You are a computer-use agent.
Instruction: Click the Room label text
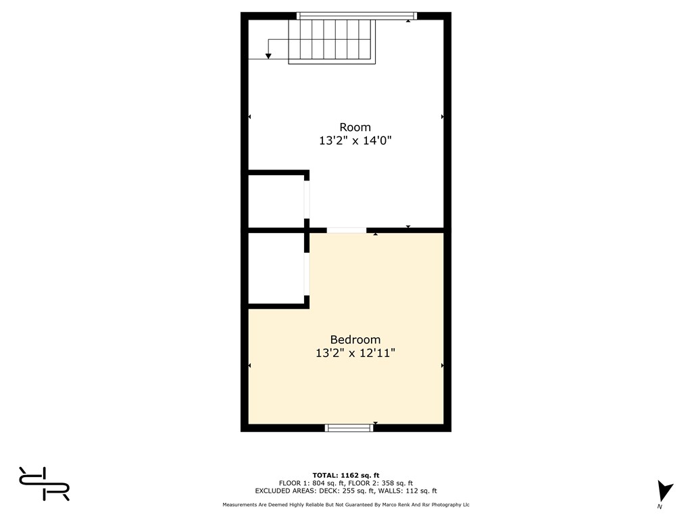pyautogui.click(x=355, y=128)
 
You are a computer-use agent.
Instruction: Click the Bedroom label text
pyautogui.click(x=355, y=340)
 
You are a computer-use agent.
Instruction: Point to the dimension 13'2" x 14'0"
pyautogui.click(x=355, y=141)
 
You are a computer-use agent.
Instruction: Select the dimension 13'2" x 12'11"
pyautogui.click(x=355, y=353)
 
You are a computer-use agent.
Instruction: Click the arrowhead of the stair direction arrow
pyautogui.click(x=268, y=56)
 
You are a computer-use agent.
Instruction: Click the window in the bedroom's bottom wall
pyautogui.click(x=349, y=428)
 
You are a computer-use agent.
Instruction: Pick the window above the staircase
pyautogui.click(x=357, y=16)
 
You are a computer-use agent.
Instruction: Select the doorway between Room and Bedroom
pyautogui.click(x=347, y=230)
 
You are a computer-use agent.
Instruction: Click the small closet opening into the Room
pyautogui.click(x=276, y=201)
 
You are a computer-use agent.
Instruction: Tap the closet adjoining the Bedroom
pyautogui.click(x=276, y=268)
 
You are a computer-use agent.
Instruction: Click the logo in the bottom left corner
pyautogui.click(x=44, y=484)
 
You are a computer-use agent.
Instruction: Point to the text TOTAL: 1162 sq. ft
pyautogui.click(x=346, y=475)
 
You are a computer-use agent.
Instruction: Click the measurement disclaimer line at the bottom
pyautogui.click(x=346, y=504)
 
